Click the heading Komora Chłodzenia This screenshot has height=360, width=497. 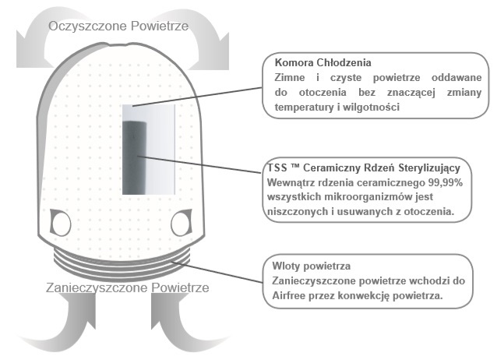pyautogui.click(x=323, y=62)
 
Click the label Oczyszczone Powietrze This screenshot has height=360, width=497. pyautogui.click(x=118, y=26)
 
